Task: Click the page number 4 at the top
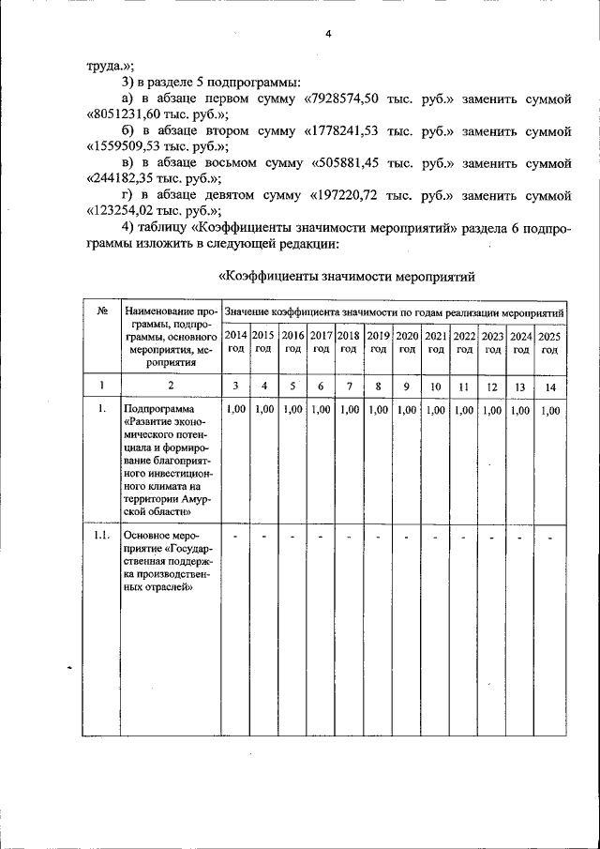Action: click(x=328, y=34)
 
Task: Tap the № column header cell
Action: click(x=100, y=311)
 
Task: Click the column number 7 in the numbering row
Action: click(x=349, y=386)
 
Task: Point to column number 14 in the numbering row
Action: click(x=549, y=386)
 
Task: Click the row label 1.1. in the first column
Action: click(x=100, y=536)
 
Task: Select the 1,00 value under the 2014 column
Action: click(x=235, y=410)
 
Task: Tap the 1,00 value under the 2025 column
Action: click(x=549, y=410)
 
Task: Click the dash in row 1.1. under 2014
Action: click(x=235, y=537)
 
